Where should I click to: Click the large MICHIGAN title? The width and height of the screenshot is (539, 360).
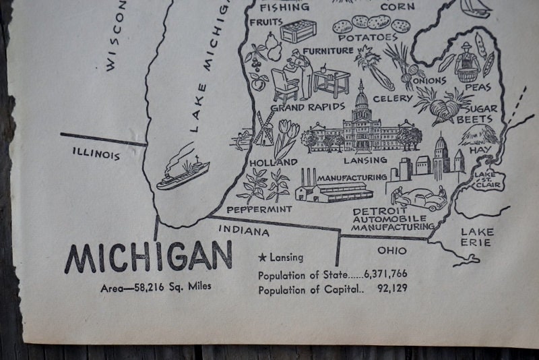(148, 257)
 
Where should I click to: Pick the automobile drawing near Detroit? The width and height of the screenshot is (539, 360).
(421, 198)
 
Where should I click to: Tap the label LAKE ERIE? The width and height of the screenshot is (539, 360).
(476, 237)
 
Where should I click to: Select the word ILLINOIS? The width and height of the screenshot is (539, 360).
(96, 154)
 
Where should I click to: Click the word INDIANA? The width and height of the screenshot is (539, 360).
(243, 231)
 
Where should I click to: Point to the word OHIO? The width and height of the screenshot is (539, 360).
(391, 250)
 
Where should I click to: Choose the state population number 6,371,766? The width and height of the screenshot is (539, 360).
(385, 275)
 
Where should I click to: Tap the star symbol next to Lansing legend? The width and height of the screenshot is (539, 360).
(262, 258)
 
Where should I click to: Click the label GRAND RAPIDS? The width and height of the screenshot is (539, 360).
(308, 107)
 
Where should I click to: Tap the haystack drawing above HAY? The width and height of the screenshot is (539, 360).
(479, 135)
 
